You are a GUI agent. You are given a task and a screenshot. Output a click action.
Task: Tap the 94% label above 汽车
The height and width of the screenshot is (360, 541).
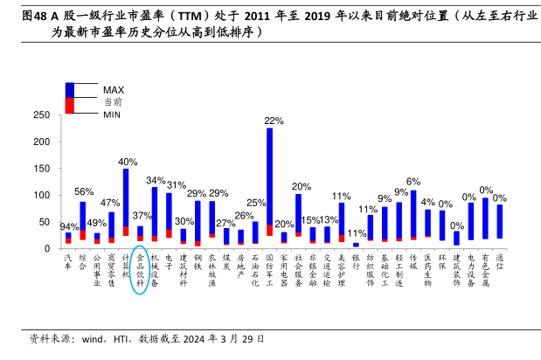(x=69, y=226)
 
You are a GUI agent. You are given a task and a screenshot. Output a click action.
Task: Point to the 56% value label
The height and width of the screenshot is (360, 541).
(x=84, y=191)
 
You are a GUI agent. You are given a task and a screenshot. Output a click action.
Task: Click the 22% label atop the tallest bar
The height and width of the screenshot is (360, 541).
(x=273, y=121)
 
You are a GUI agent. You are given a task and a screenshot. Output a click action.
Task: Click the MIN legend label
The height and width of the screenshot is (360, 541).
(x=112, y=114)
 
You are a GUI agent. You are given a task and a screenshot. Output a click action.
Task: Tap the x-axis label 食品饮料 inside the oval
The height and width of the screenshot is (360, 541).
(x=140, y=270)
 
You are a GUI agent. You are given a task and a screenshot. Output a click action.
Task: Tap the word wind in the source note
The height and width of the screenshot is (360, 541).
(x=78, y=339)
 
